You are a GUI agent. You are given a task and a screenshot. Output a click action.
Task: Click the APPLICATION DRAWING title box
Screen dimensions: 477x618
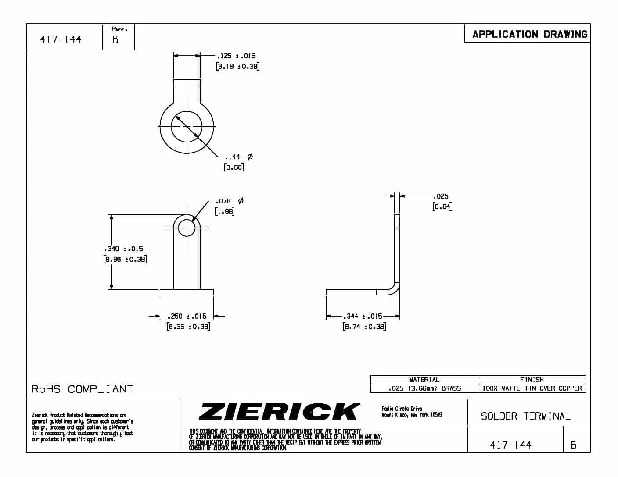point(529,34)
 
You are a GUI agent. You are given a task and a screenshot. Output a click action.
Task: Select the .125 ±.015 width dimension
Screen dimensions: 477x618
point(236,56)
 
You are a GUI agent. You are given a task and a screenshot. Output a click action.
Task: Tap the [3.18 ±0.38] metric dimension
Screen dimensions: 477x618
point(237,67)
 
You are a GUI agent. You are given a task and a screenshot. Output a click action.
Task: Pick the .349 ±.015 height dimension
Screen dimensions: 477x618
point(124,249)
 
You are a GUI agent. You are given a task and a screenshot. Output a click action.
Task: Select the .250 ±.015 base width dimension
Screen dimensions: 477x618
point(187,316)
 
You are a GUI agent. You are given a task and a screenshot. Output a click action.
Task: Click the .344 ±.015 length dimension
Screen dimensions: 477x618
point(363,316)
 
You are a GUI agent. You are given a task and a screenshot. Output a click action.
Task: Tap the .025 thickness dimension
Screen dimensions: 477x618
point(441,196)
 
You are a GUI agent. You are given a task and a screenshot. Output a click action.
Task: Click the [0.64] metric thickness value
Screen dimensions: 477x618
point(442,206)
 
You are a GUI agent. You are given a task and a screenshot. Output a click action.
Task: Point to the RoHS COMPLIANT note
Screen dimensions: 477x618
point(82,389)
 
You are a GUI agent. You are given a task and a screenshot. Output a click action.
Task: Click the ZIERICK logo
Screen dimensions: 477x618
point(279,412)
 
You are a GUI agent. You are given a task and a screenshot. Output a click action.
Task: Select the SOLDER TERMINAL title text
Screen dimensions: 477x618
point(525,416)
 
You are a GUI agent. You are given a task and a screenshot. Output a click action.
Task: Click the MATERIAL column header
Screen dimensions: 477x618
point(424,380)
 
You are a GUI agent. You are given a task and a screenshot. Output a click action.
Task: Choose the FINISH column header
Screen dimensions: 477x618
point(532,380)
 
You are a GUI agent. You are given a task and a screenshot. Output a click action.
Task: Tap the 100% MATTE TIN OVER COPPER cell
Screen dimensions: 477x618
point(532,388)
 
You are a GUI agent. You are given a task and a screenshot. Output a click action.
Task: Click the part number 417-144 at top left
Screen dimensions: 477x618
point(61,39)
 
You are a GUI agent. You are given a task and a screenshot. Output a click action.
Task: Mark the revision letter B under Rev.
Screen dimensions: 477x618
point(115,39)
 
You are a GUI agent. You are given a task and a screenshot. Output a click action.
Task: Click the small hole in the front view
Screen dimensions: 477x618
point(187,228)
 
